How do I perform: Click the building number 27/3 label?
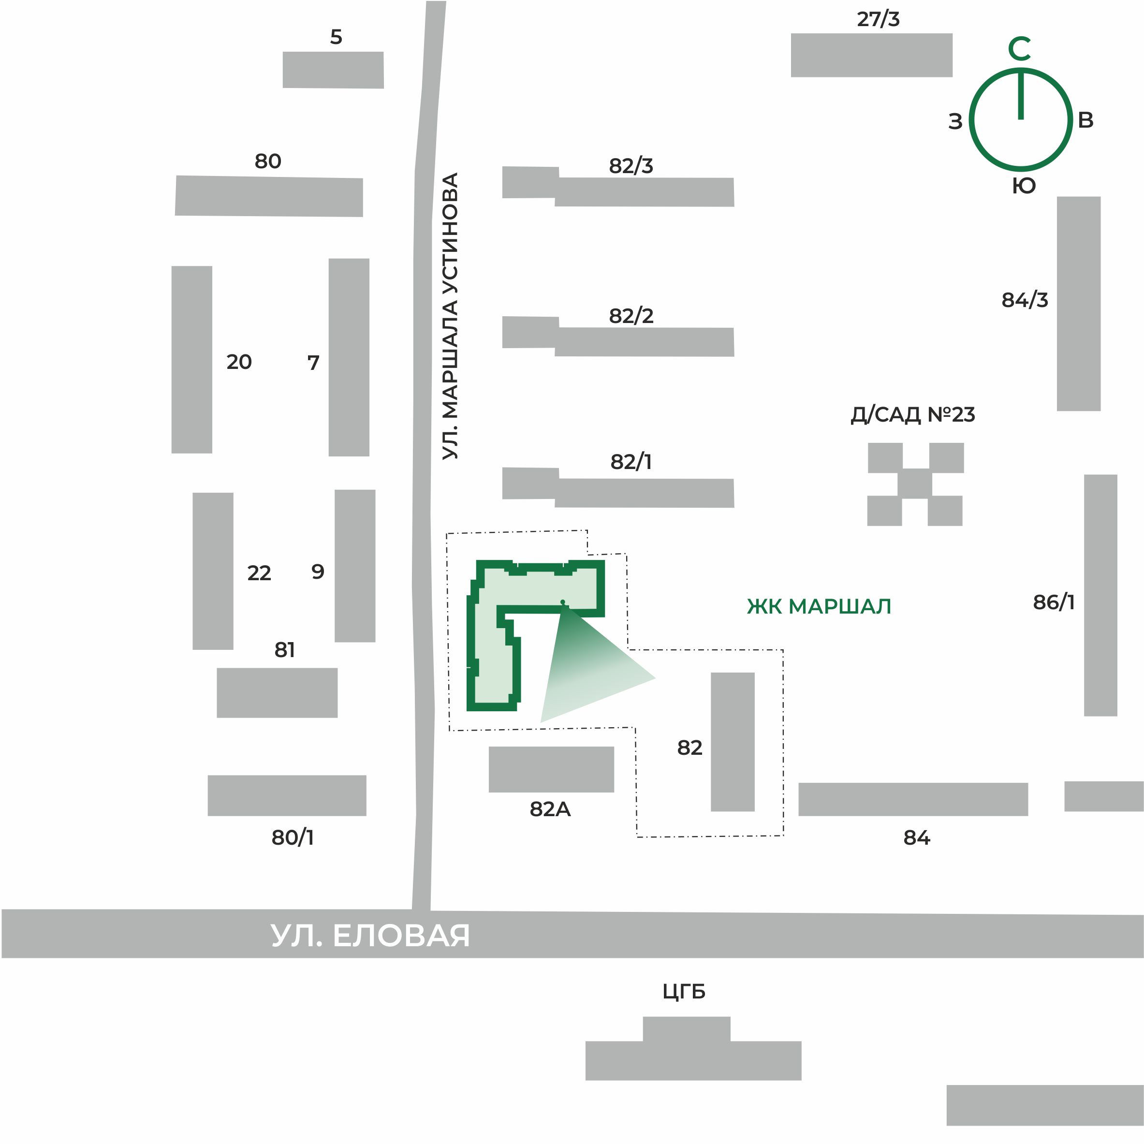pos(878,19)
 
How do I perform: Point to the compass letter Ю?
pos(1023,186)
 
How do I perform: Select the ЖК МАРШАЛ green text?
pos(819,606)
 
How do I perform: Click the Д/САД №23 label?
pos(912,414)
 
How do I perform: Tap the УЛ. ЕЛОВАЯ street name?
pos(370,936)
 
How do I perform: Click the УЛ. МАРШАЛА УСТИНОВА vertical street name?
pos(450,316)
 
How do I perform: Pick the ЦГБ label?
pos(684,992)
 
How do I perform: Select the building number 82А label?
pos(550,809)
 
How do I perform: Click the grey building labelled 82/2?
pos(618,337)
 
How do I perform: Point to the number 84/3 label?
pos(1025,300)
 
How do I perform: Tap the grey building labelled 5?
pos(333,70)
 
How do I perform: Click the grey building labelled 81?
pos(277,693)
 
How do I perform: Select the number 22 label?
pos(259,573)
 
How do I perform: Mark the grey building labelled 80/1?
pos(287,795)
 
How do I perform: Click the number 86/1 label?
pos(1054,602)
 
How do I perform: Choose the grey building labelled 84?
pos(913,799)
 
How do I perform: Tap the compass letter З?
pos(955,121)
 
